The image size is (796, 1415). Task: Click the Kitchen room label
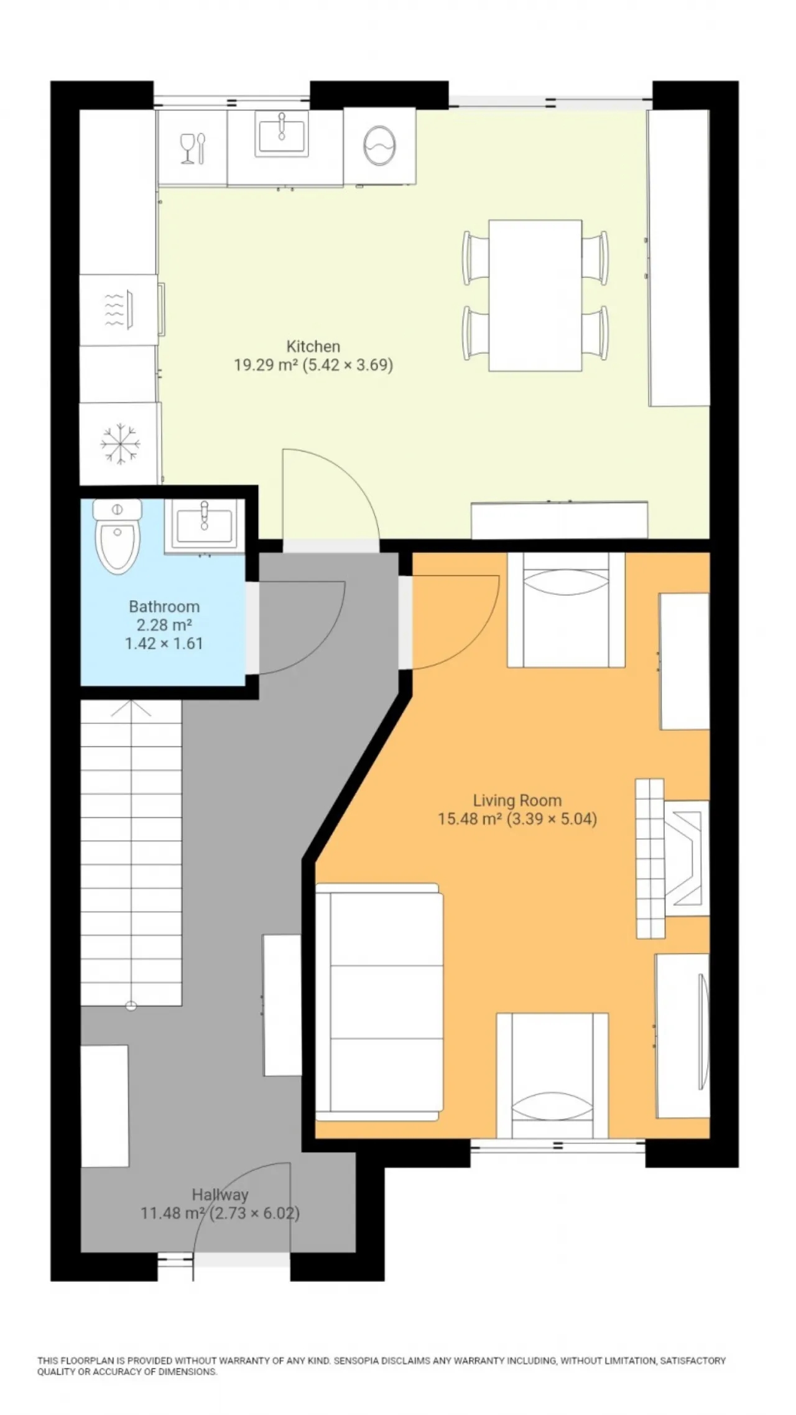point(313,346)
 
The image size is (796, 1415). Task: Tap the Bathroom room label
point(164,606)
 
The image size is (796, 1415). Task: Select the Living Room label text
point(517,800)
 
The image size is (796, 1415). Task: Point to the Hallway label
point(220,1195)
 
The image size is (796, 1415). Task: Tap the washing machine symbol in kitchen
point(379,146)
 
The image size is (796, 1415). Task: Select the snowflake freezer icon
point(119,443)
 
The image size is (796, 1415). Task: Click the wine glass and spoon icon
point(193,149)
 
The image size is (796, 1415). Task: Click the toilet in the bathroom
point(117,536)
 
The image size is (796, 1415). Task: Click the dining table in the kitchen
point(535,295)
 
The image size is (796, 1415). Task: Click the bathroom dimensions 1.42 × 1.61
point(164,644)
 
